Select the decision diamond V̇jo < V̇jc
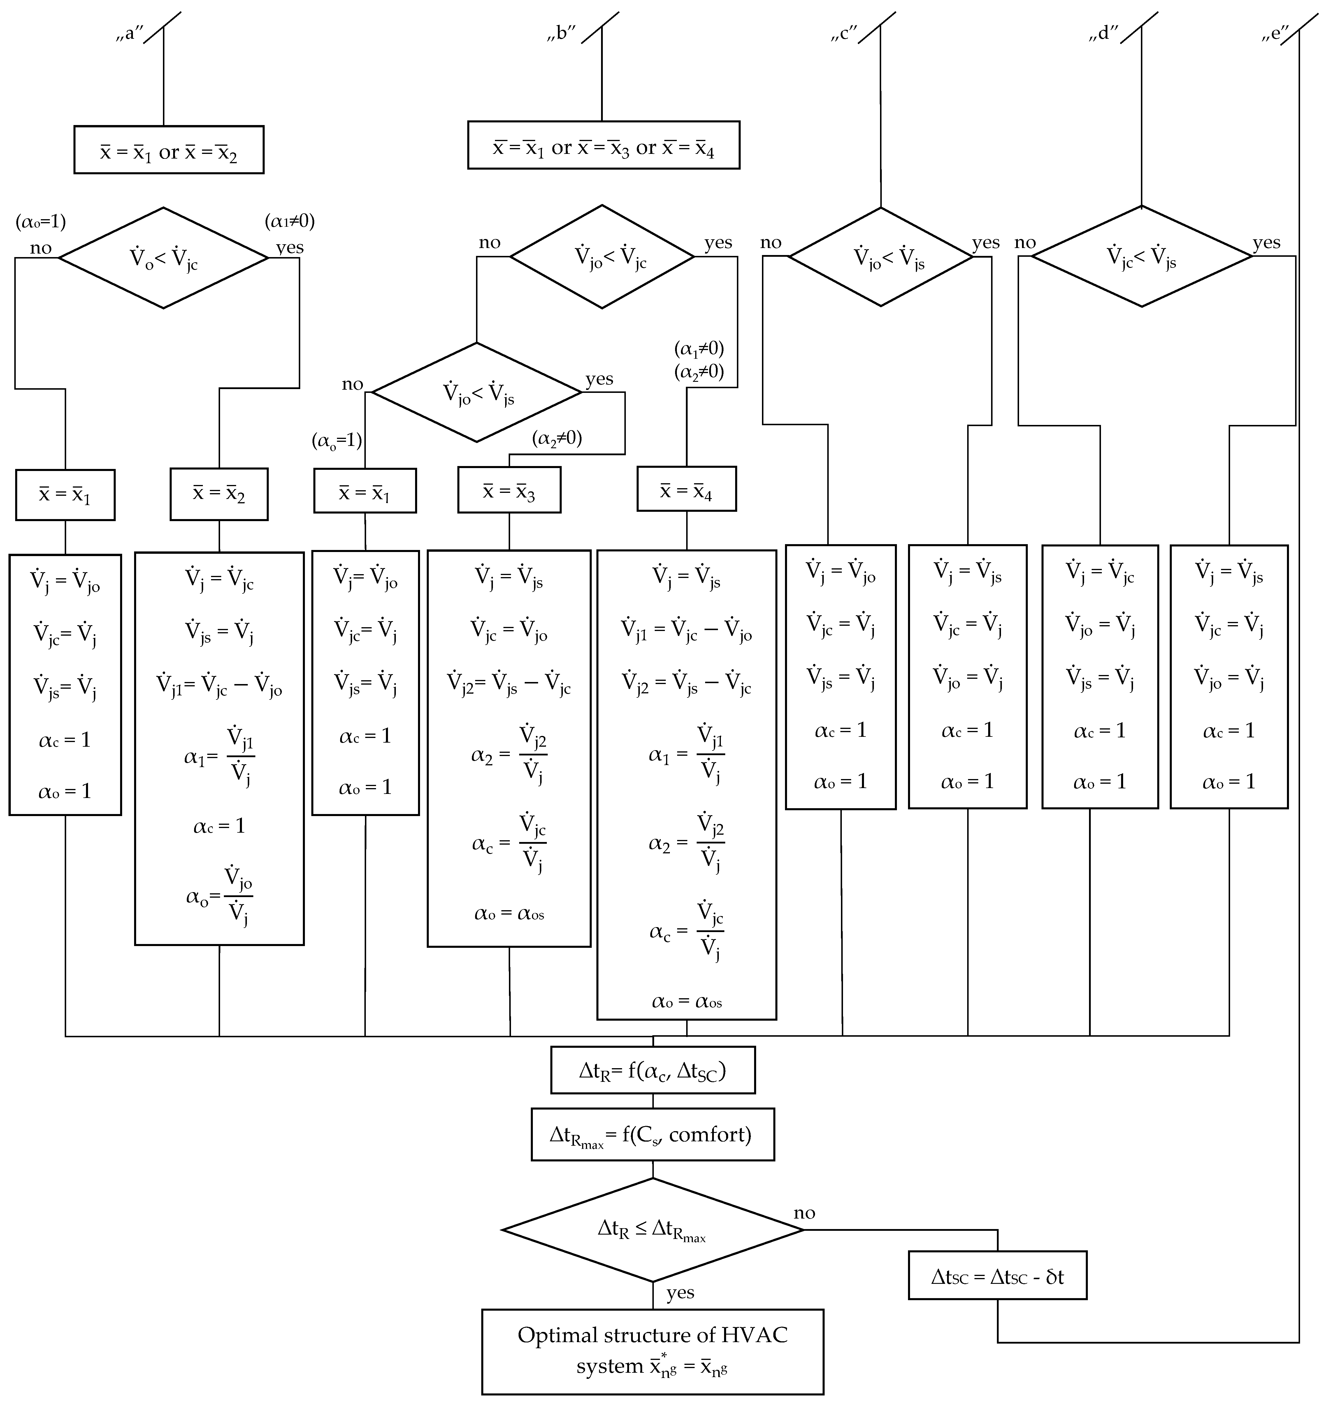coord(602,257)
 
